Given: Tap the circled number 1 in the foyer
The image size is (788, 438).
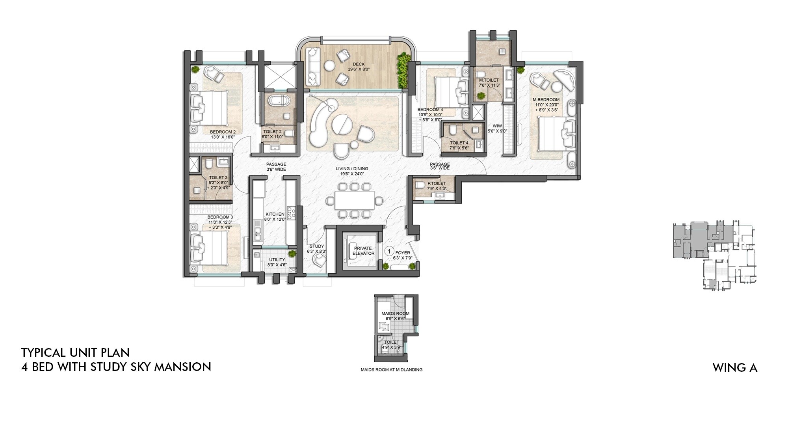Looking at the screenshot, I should click(x=389, y=251).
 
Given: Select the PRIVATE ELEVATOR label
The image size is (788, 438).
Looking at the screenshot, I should click(x=363, y=251).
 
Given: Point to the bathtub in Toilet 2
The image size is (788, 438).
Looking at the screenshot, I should click(x=279, y=101).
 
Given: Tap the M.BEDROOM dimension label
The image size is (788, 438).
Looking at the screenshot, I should click(x=546, y=104).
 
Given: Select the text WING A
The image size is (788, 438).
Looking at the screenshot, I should click(x=734, y=368).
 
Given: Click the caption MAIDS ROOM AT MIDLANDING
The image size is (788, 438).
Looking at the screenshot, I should click(x=391, y=370).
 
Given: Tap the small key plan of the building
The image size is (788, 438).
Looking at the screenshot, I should click(x=714, y=256).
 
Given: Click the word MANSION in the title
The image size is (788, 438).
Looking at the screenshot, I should click(x=182, y=367).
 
